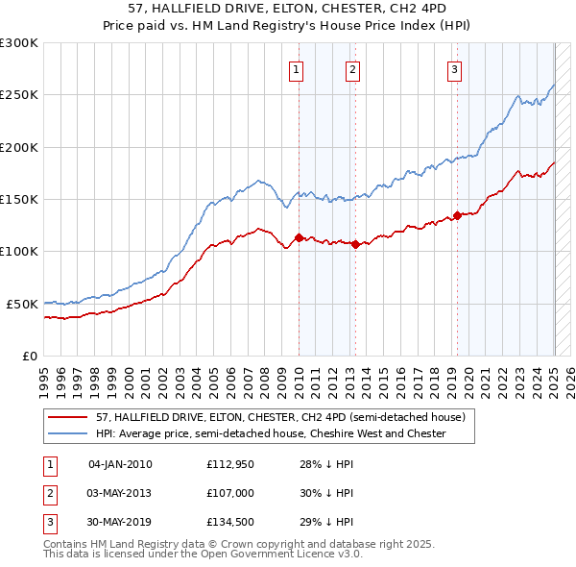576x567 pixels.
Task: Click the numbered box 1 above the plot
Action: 297,69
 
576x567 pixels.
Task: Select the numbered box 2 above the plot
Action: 353,69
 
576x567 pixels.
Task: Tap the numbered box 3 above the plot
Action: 454,69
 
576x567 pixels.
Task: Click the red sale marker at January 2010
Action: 299,237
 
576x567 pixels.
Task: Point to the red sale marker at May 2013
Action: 355,244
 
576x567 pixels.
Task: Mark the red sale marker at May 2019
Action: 457,215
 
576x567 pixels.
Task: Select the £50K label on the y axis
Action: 22,304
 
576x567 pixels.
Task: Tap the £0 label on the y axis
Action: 30,356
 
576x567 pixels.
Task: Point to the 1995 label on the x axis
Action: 44,375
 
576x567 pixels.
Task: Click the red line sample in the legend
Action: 69,417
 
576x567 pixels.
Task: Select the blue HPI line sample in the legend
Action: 69,433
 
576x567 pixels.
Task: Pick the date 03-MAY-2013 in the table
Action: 120,493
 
